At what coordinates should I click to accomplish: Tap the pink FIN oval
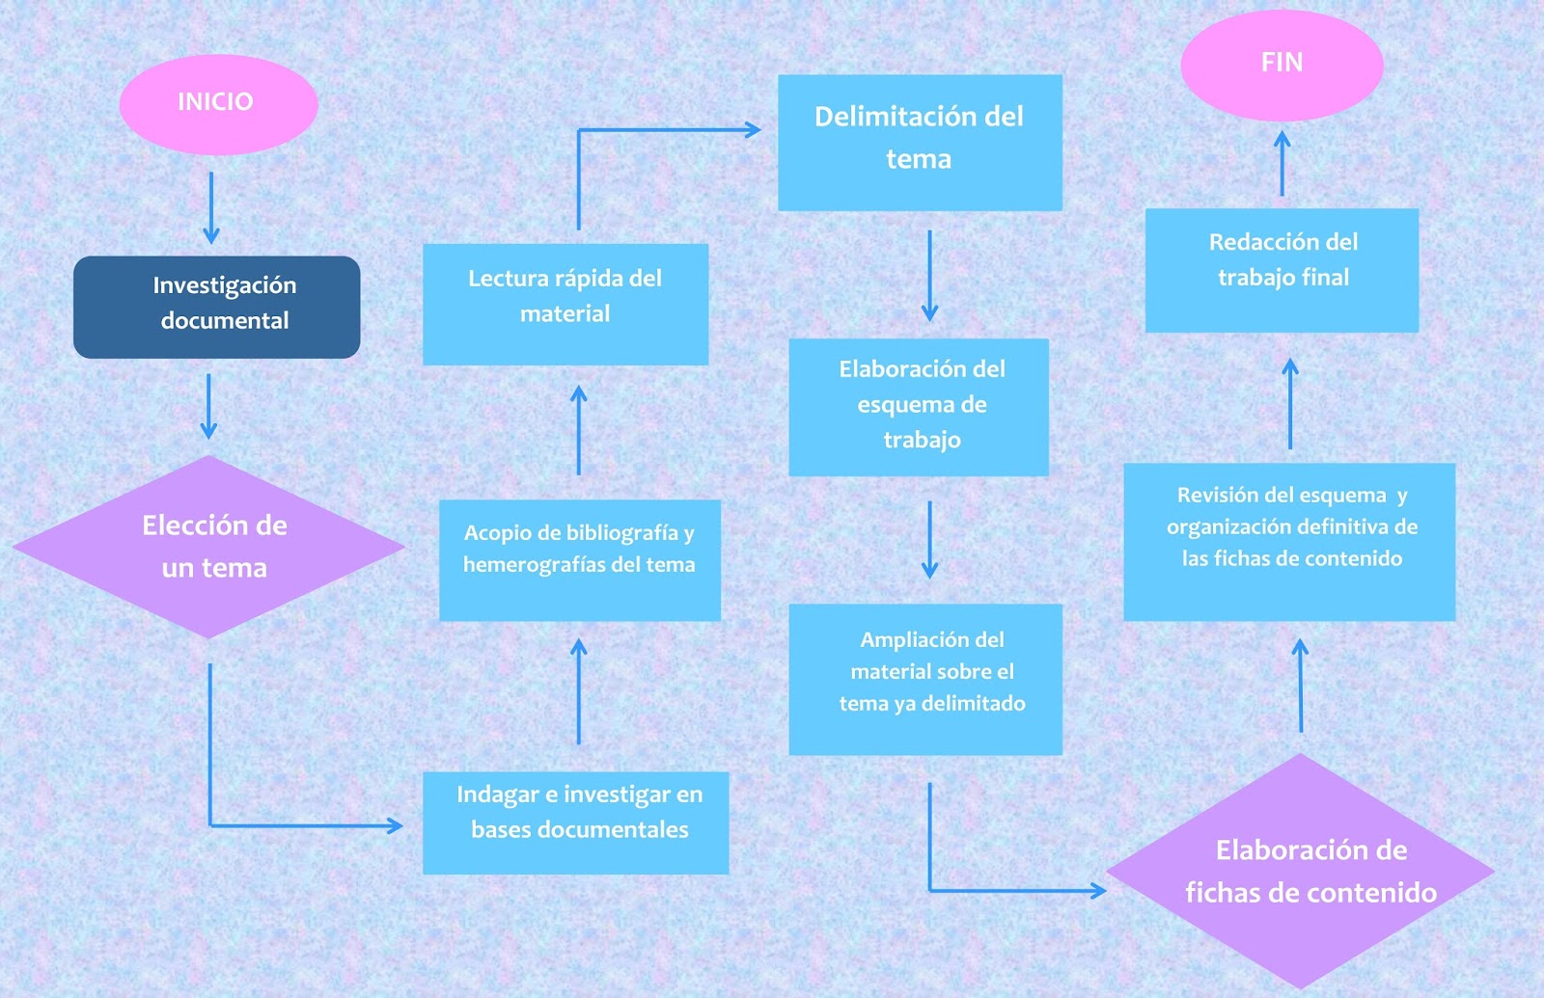(x=1282, y=65)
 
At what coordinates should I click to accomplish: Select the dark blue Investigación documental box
(x=217, y=307)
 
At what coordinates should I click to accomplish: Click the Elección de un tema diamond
(x=209, y=547)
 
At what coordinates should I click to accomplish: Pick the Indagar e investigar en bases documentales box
(x=576, y=823)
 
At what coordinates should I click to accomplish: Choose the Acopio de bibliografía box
(x=580, y=559)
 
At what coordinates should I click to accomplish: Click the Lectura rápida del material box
(x=565, y=303)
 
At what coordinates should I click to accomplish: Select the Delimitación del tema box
(x=920, y=143)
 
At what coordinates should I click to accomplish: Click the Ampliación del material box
(x=925, y=679)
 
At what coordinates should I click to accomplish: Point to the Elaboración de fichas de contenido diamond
(x=1301, y=871)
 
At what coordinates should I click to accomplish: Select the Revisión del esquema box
(x=1289, y=541)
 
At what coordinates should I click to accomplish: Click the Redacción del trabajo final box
(x=1282, y=270)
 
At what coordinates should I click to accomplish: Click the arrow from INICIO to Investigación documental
(x=211, y=207)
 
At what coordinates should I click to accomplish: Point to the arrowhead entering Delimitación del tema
(x=752, y=130)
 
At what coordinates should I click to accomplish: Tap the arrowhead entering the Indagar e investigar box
(x=394, y=825)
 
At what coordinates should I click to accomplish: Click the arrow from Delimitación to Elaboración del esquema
(x=929, y=275)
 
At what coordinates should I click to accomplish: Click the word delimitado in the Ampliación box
(x=973, y=704)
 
